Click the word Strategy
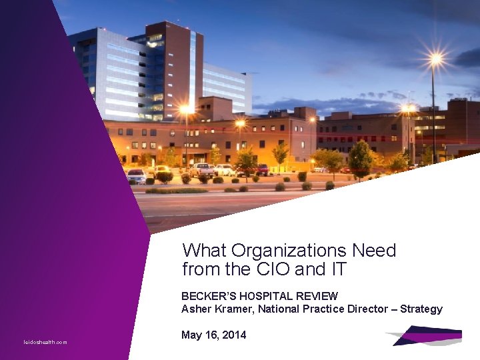click(x=421, y=309)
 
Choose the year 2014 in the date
click(x=233, y=335)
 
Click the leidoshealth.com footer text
click(x=45, y=342)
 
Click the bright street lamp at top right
click(x=435, y=59)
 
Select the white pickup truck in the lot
click(x=201, y=169)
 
